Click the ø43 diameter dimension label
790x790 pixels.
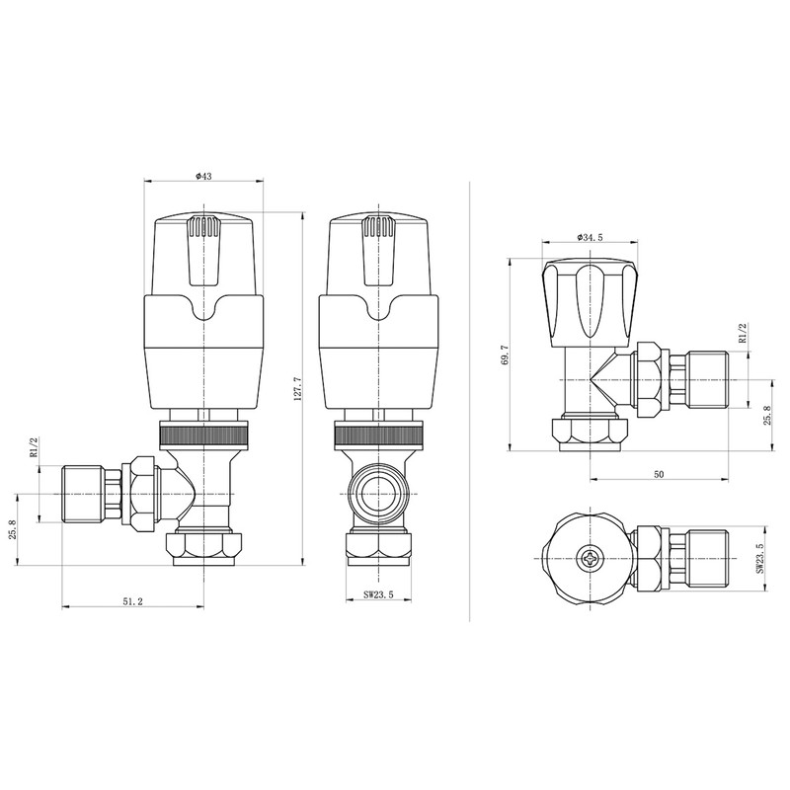point(203,176)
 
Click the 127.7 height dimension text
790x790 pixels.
point(297,387)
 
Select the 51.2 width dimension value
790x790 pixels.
point(132,601)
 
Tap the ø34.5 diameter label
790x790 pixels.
point(590,237)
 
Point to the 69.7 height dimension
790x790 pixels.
point(506,355)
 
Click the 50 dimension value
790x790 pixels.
point(659,474)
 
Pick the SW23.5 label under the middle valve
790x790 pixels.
point(378,595)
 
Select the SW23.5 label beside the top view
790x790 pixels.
point(759,558)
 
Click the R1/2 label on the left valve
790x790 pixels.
point(35,447)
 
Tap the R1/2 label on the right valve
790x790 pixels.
point(742,334)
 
